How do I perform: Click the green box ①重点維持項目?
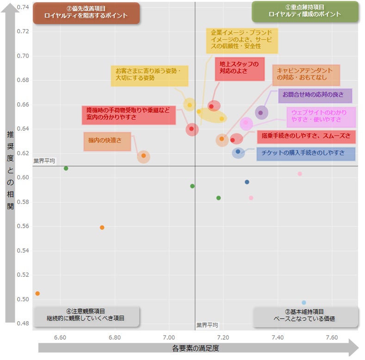[305, 12]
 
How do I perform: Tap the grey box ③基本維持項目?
[305, 316]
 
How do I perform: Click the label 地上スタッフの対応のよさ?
[240, 68]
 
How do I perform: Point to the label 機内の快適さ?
[107, 141]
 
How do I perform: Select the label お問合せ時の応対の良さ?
[315, 95]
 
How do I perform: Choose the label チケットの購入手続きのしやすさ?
[306, 153]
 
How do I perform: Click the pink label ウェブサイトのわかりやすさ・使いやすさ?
[320, 116]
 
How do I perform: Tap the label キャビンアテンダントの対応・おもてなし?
[305, 74]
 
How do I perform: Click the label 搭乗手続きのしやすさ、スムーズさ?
[306, 136]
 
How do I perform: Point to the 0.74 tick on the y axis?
[23, 7]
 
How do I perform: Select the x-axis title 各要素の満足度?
[195, 348]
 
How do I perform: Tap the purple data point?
[260, 113]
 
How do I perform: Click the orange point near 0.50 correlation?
[37, 293]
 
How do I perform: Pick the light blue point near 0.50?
[304, 303]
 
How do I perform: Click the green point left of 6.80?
[66, 168]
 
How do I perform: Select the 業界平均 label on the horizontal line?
[44, 161]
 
